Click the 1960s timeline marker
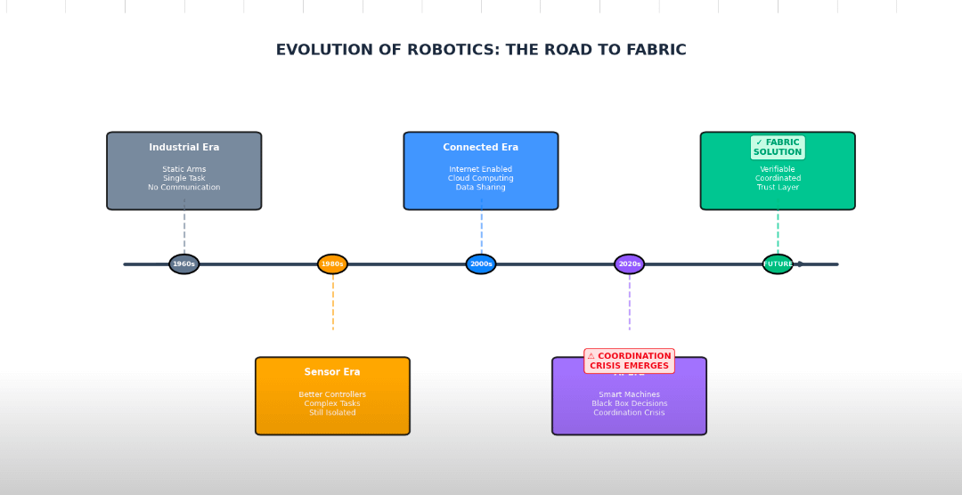click(x=184, y=264)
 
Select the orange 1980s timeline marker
click(x=332, y=264)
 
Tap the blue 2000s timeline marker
click(x=481, y=264)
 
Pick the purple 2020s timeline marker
click(x=629, y=264)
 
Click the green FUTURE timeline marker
click(x=778, y=264)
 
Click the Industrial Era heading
click(x=184, y=148)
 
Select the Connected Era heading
click(x=481, y=148)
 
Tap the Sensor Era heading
click(x=332, y=373)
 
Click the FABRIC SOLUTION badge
click(x=778, y=148)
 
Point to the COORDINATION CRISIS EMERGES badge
click(x=629, y=361)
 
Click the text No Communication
click(x=184, y=188)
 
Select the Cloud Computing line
click(x=481, y=179)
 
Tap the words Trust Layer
click(x=778, y=188)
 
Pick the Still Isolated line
click(x=332, y=413)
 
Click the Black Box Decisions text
click(x=629, y=404)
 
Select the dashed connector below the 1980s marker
click(x=333, y=303)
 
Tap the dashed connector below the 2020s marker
click(x=630, y=303)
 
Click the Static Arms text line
click(x=184, y=169)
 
